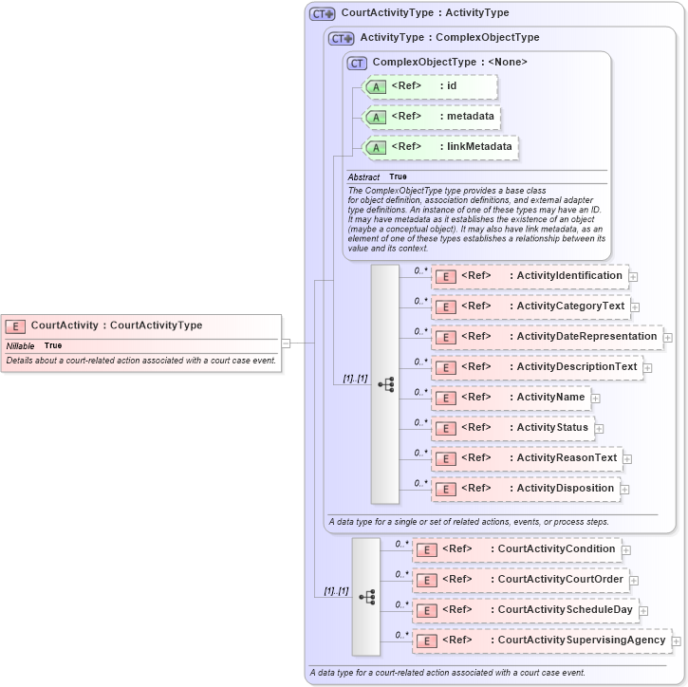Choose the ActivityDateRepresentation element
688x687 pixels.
click(x=547, y=336)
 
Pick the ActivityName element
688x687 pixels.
click(x=511, y=397)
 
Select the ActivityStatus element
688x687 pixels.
click(x=513, y=428)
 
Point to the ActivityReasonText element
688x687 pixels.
click(x=527, y=458)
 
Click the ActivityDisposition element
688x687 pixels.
click(x=526, y=489)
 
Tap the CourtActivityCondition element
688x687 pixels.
click(x=517, y=549)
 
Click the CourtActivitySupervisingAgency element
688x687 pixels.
click(x=542, y=641)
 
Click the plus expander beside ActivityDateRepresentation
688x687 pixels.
click(x=668, y=337)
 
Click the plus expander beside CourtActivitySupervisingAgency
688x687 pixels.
click(x=677, y=641)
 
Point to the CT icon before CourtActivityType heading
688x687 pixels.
click(x=323, y=13)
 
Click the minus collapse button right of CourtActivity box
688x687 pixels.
click(x=286, y=343)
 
